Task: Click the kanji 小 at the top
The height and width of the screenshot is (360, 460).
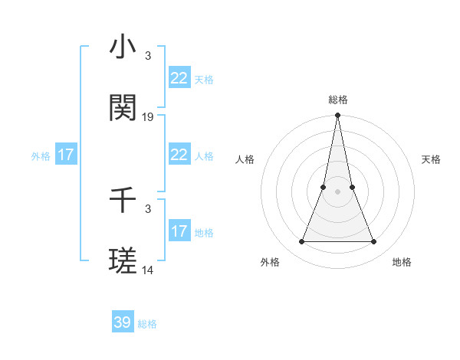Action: (123, 47)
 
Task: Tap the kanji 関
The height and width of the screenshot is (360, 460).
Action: (123, 109)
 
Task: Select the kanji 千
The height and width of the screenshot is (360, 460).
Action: (123, 201)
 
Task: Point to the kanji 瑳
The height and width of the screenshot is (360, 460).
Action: (123, 262)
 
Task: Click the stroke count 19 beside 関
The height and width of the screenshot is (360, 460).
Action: (148, 117)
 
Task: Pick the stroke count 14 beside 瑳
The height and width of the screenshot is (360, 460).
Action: (148, 270)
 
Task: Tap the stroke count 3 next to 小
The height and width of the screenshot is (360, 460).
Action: (148, 56)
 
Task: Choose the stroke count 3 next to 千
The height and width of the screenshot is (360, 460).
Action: (148, 208)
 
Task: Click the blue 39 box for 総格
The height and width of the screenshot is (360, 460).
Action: (123, 322)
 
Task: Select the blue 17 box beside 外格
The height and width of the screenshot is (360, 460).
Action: (66, 155)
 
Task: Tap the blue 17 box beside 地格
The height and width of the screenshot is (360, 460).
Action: (179, 231)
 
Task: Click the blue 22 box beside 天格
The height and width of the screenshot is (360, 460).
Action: (179, 78)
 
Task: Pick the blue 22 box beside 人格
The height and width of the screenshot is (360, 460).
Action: (179, 155)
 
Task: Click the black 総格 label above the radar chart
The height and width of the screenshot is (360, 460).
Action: (337, 100)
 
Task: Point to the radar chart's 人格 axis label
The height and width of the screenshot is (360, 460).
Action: (245, 159)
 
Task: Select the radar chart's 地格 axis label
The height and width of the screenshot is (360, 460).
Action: (402, 262)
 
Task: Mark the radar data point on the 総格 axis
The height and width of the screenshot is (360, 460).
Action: (337, 116)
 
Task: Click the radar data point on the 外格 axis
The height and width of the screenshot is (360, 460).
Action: (301, 242)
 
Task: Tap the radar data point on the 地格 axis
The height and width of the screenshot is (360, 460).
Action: (373, 242)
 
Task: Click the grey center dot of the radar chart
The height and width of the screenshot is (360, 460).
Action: (337, 191)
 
